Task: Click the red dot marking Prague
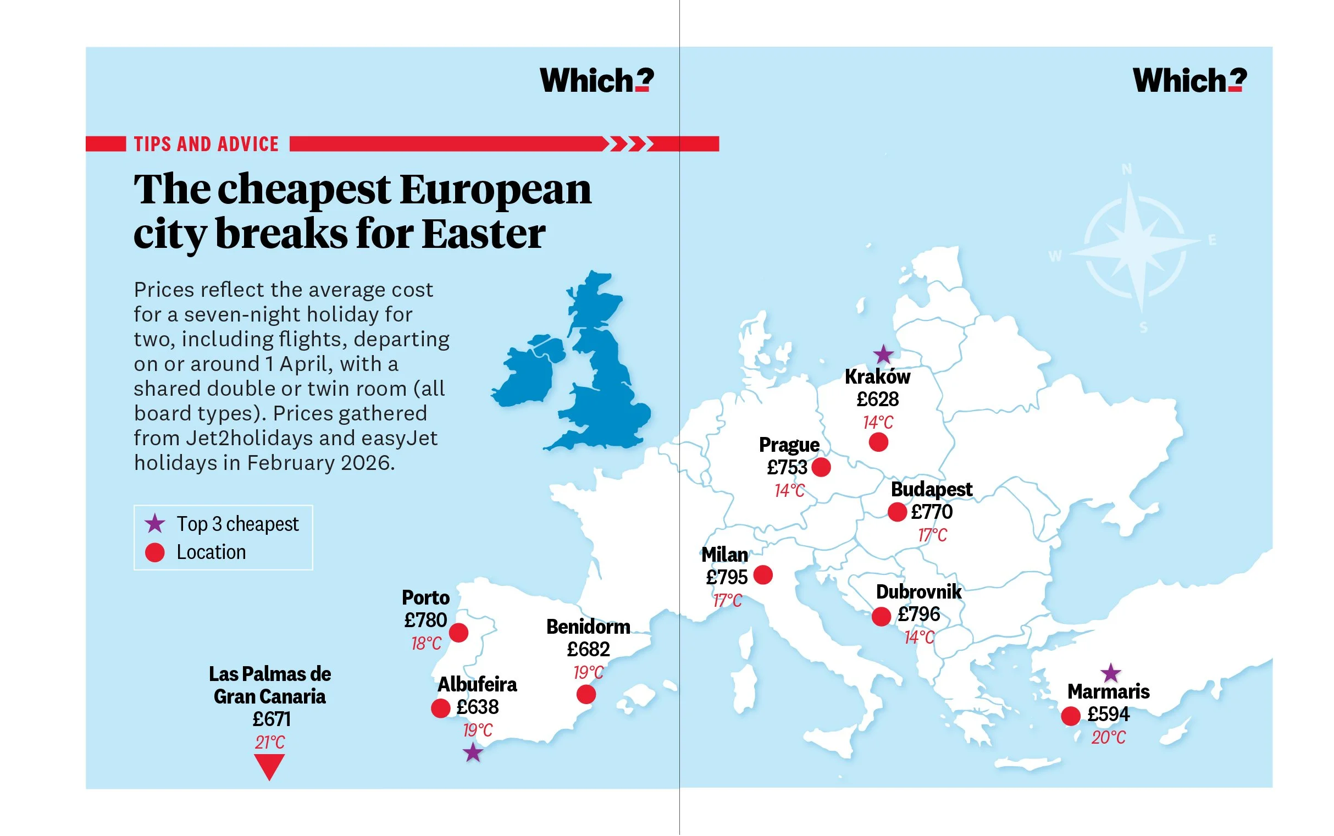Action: click(x=821, y=467)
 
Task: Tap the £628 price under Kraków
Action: click(x=877, y=399)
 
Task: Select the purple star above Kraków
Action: click(x=883, y=355)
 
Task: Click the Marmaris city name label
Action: click(x=1108, y=691)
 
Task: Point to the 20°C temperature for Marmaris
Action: click(x=1108, y=738)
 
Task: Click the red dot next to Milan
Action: click(x=763, y=575)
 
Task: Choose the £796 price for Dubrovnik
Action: click(x=919, y=614)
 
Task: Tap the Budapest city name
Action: click(x=931, y=489)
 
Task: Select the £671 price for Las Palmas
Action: click(x=271, y=719)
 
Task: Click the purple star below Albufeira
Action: click(x=473, y=752)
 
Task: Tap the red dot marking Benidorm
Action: click(x=586, y=694)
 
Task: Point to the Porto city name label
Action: click(x=425, y=597)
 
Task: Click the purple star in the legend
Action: click(x=155, y=524)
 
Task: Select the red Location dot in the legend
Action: click(x=155, y=552)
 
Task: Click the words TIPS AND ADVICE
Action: click(x=206, y=145)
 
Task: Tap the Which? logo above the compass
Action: click(x=1189, y=81)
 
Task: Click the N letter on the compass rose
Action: click(x=1127, y=169)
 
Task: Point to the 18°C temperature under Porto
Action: click(x=425, y=644)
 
